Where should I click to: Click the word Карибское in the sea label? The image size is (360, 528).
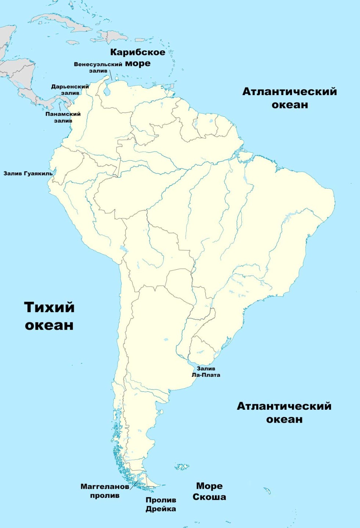[x=138, y=52]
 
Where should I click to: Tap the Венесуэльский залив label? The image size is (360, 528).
[x=98, y=67]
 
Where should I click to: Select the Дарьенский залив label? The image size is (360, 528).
[x=70, y=90]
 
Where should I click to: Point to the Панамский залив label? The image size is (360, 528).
[x=63, y=117]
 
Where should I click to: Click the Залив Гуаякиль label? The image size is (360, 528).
[x=28, y=173]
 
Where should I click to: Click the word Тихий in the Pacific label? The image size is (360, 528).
[x=49, y=307]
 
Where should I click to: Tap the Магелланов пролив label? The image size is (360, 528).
[x=105, y=491]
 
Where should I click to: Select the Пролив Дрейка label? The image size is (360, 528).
[x=161, y=504]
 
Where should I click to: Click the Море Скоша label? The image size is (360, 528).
[x=209, y=491]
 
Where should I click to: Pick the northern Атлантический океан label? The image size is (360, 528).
[x=289, y=98]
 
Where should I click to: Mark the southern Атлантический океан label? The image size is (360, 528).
[x=284, y=412]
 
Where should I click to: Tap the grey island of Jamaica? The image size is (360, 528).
[x=72, y=43]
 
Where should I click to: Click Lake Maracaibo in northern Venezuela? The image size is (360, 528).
[x=107, y=90]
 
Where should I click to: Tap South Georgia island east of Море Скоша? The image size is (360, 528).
[x=267, y=490]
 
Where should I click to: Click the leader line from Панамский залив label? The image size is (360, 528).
[x=60, y=106]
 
